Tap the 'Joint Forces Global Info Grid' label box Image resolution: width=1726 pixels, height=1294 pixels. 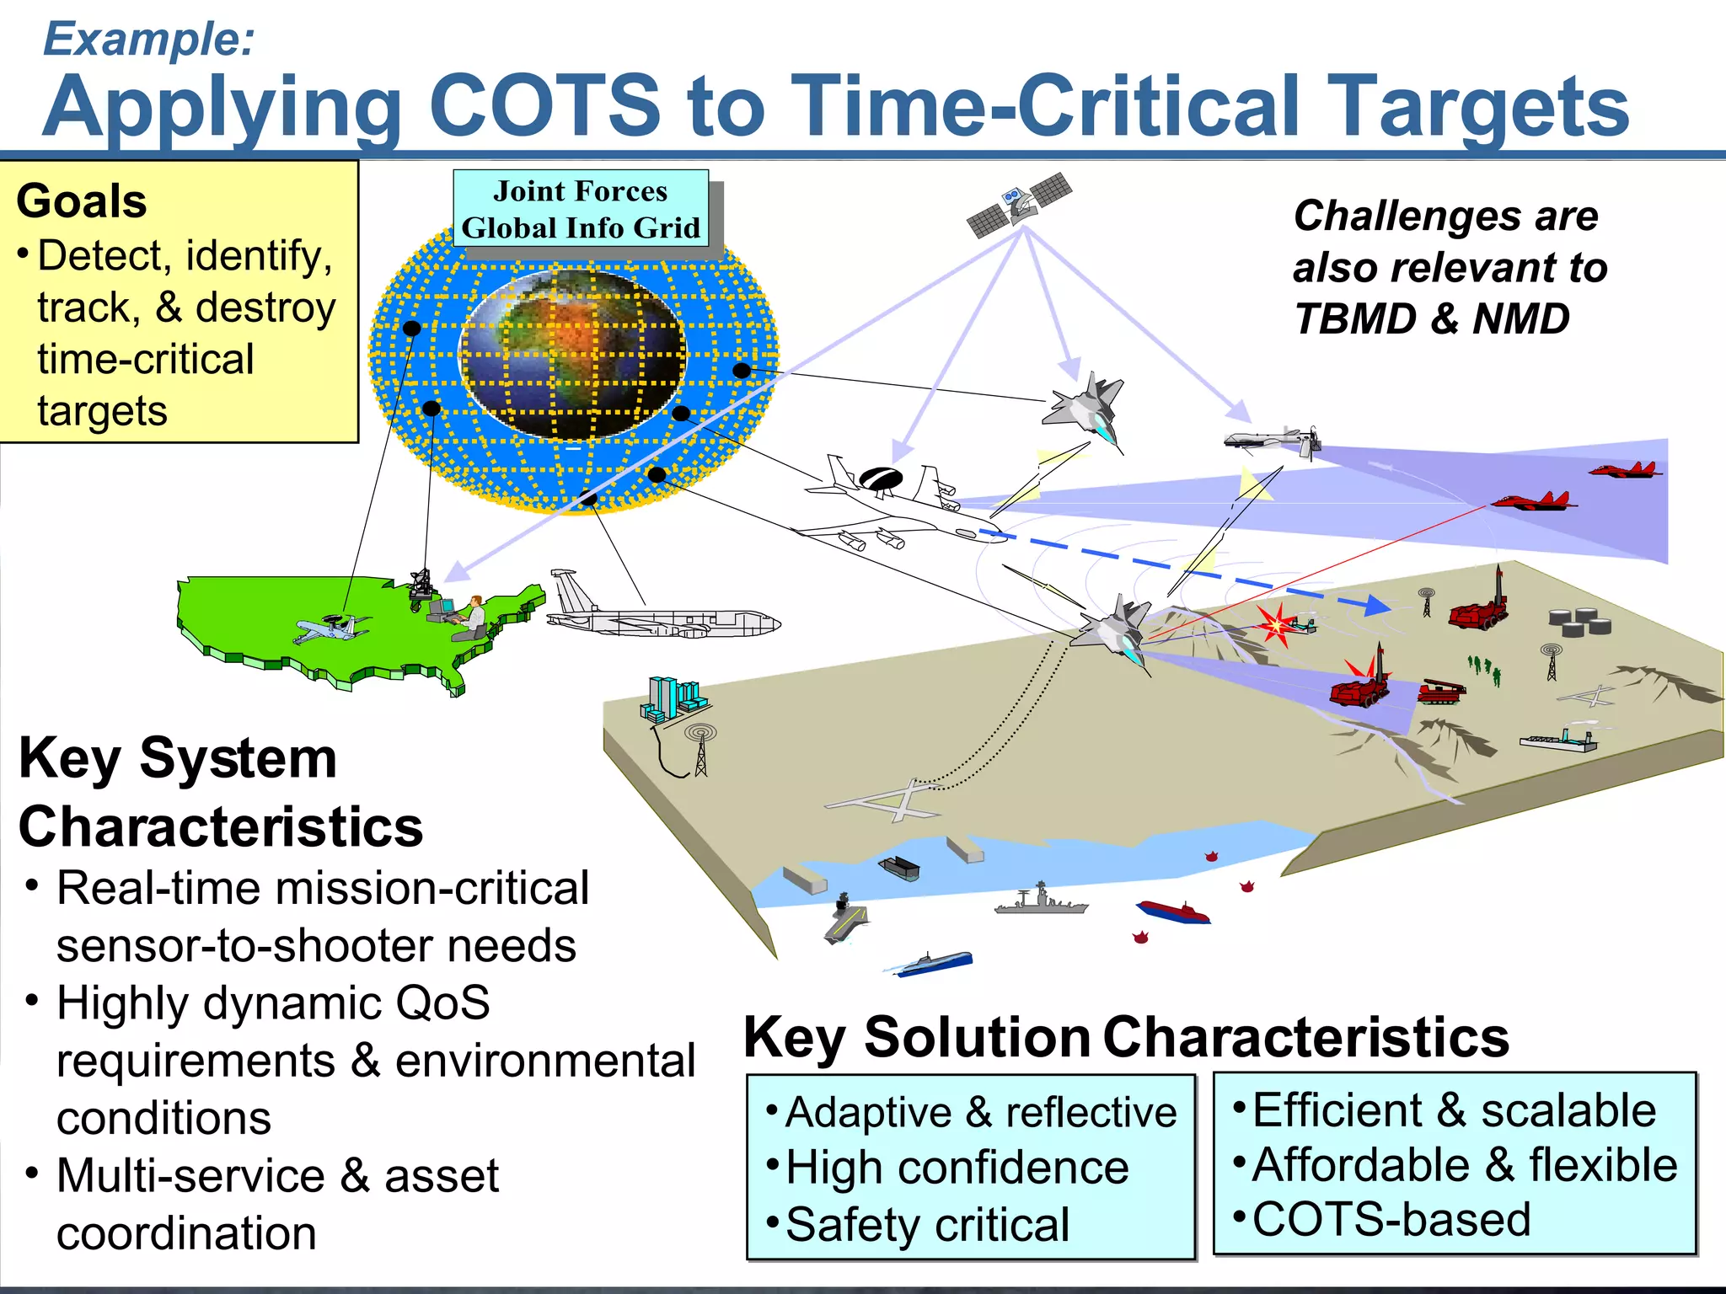581,209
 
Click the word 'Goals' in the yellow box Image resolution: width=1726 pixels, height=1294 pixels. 82,201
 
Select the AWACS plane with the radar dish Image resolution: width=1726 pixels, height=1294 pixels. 893,505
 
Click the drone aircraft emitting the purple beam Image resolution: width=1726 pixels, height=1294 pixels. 1273,440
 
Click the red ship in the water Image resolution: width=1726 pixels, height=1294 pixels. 1173,911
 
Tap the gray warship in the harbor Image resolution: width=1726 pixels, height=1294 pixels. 1042,902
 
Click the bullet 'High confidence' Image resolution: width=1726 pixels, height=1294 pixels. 957,1168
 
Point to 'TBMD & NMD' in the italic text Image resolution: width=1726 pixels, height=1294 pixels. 1431,319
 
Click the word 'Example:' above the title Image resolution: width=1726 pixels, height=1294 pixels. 148,39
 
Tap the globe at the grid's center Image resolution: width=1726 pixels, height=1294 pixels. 573,354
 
